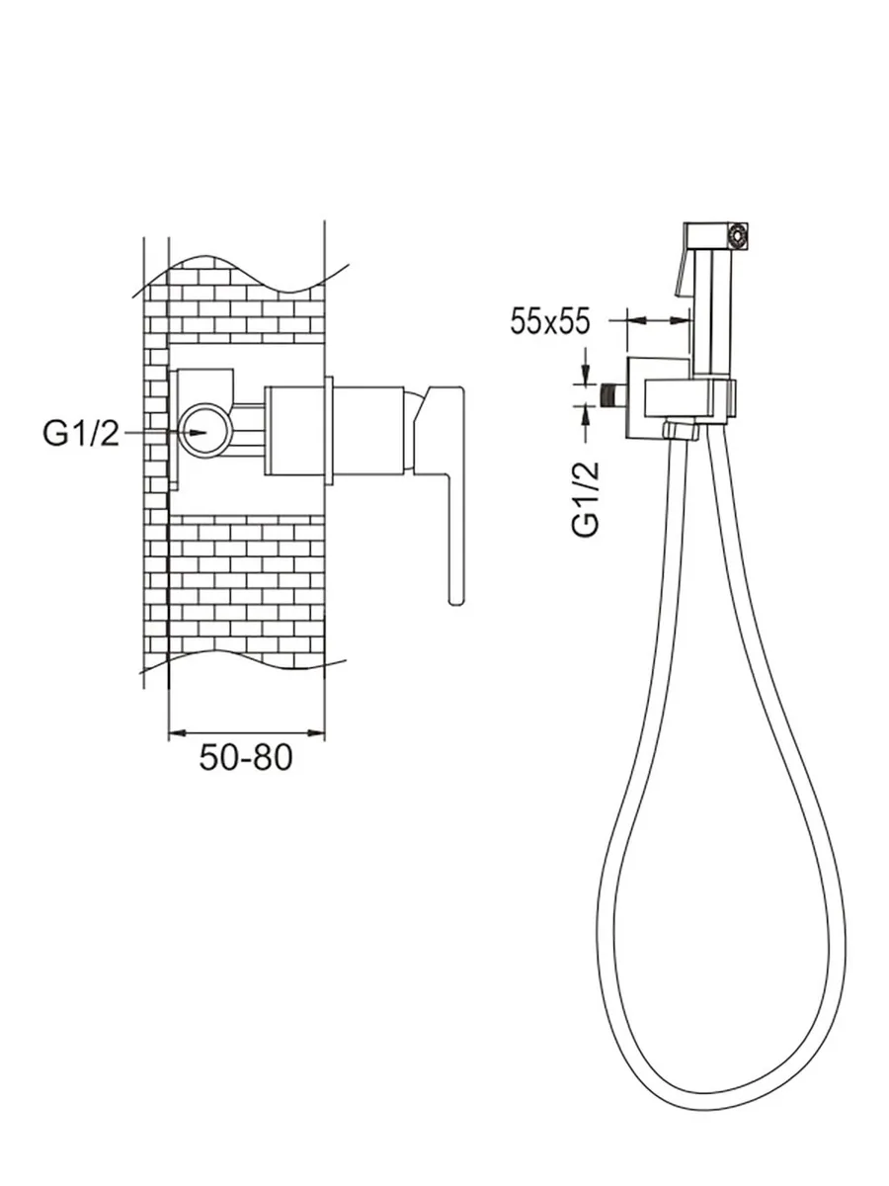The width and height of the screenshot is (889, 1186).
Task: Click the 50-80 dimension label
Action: pos(246,757)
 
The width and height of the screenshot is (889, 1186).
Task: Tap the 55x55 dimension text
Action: pos(550,321)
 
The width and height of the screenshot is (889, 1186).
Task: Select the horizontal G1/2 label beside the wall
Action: pos(81,433)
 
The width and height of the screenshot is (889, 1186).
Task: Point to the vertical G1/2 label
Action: pos(586,499)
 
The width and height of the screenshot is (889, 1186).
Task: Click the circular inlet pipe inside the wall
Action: pos(205,433)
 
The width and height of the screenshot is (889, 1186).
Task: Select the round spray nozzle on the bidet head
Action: pos(737,236)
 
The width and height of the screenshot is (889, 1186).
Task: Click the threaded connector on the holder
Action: pos(612,395)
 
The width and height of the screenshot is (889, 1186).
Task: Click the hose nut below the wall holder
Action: pos(681,431)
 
